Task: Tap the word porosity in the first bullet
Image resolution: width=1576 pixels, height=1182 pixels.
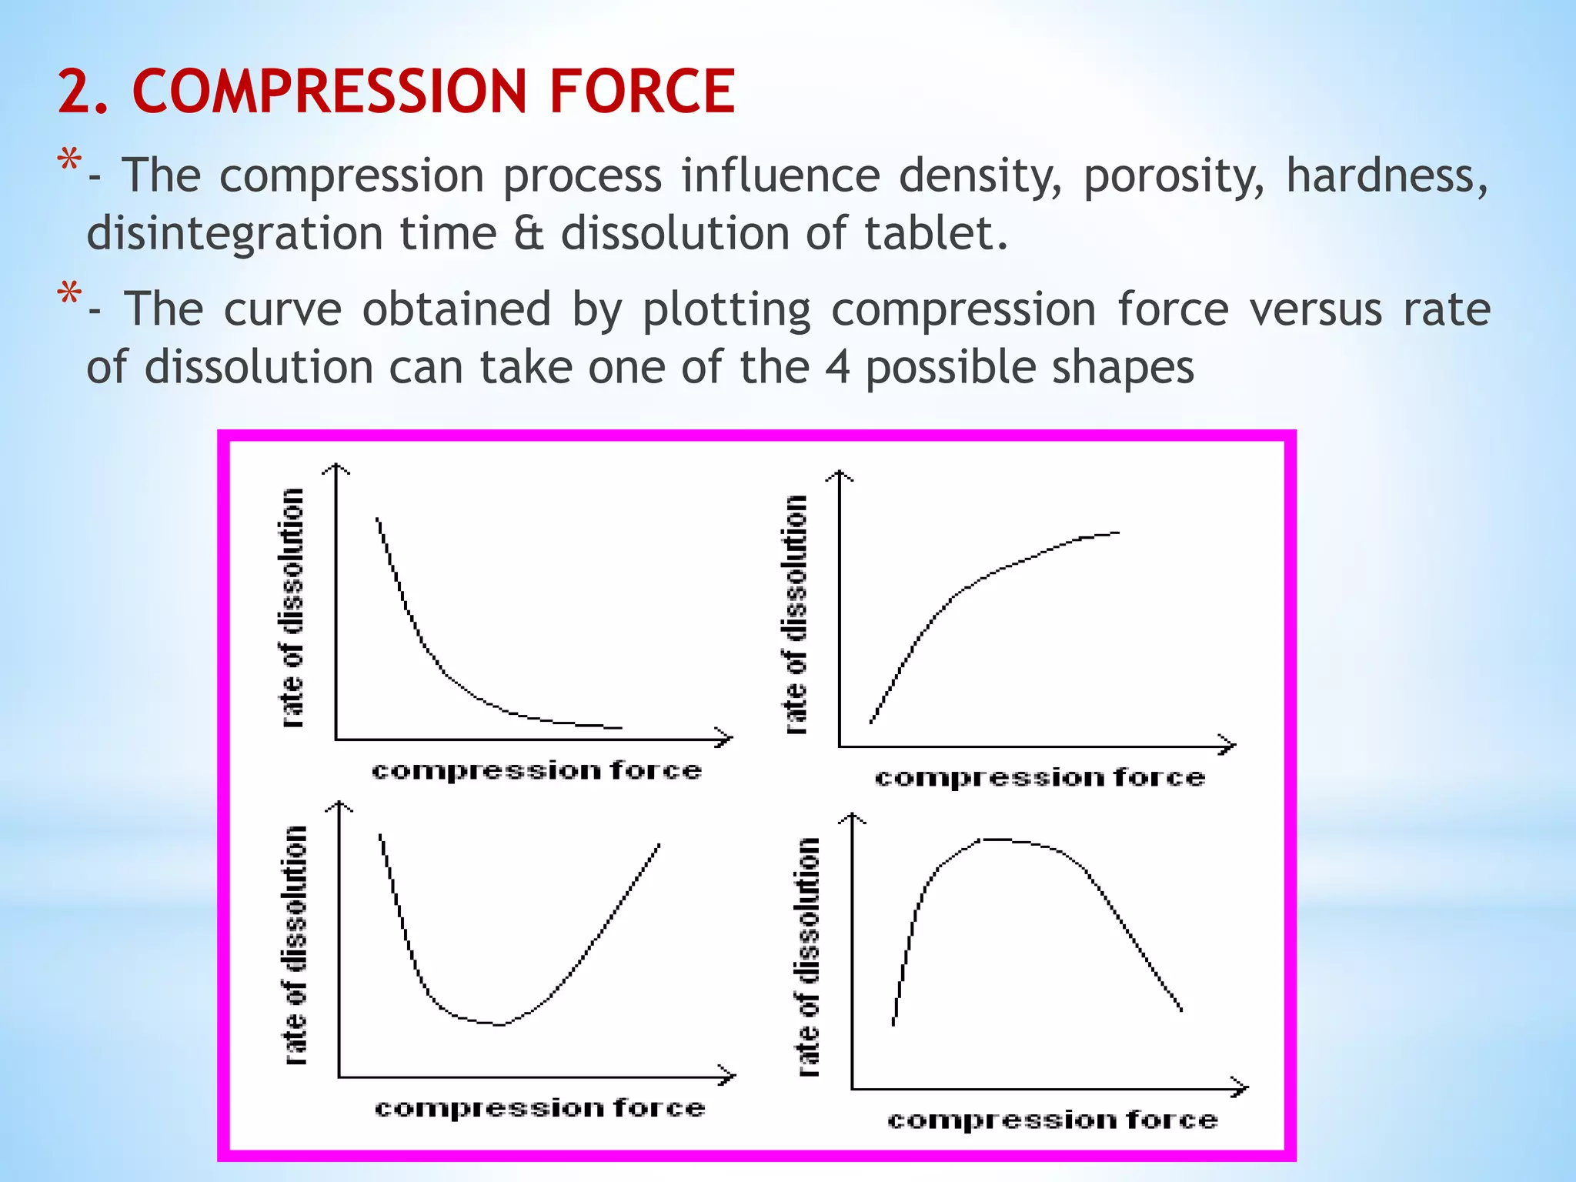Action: click(1173, 176)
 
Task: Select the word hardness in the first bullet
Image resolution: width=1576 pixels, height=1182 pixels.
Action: click(1385, 175)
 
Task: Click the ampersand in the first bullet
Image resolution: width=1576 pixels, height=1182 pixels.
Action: click(529, 233)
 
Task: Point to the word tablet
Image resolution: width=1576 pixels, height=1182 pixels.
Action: click(935, 233)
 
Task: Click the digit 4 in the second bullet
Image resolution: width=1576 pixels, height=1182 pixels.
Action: click(837, 367)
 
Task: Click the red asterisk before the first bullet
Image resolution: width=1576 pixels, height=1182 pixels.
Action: click(69, 162)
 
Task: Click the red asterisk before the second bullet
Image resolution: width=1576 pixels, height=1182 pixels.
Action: click(69, 295)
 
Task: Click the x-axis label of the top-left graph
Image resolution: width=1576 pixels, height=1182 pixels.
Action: click(536, 771)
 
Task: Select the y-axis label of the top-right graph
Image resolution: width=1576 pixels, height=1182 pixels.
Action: click(796, 614)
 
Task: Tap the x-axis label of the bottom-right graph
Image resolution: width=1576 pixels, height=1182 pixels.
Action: click(1052, 1120)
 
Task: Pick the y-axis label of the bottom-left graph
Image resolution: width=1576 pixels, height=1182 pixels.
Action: click(295, 945)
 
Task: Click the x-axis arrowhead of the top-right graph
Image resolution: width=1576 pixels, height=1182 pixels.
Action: click(1230, 745)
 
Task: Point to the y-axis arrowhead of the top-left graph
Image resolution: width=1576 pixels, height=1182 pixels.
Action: click(336, 467)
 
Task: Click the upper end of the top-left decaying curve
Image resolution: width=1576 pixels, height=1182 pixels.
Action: click(377, 519)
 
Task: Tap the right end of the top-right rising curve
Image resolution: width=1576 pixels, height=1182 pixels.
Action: click(1117, 533)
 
